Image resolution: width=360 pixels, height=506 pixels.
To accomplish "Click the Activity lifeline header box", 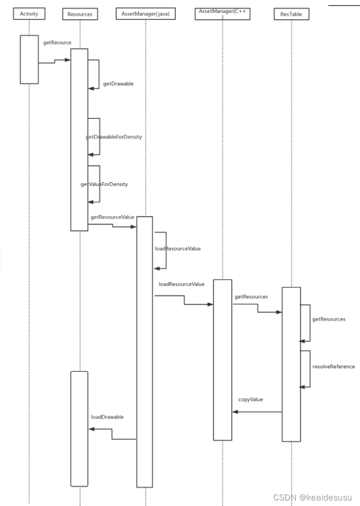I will point(28,13).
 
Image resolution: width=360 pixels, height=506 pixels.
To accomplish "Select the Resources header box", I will point(79,13).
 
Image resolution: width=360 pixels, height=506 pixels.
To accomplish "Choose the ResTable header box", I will point(291,13).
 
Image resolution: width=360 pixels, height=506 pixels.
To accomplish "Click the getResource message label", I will point(57,42).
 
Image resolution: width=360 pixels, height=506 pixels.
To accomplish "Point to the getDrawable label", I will point(118,84).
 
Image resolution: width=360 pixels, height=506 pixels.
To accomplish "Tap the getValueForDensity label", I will point(104,184).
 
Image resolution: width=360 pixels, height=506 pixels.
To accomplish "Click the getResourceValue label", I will point(112,217).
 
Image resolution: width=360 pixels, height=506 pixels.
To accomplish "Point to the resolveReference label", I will point(333,367).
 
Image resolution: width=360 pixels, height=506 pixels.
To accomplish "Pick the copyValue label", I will point(251,399).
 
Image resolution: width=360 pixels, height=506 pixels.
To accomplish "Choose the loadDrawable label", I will point(107,416).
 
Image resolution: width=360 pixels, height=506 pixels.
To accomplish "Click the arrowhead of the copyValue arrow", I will point(235,412).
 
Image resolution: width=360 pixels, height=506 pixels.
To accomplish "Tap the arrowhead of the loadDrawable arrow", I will point(92,429).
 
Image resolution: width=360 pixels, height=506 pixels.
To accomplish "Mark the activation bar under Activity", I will point(29,59).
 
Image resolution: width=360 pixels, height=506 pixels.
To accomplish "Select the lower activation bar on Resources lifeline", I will point(79,428).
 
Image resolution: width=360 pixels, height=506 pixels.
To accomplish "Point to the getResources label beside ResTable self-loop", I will point(329,319).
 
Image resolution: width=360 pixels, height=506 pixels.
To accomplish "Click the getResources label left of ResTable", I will point(251,297).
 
